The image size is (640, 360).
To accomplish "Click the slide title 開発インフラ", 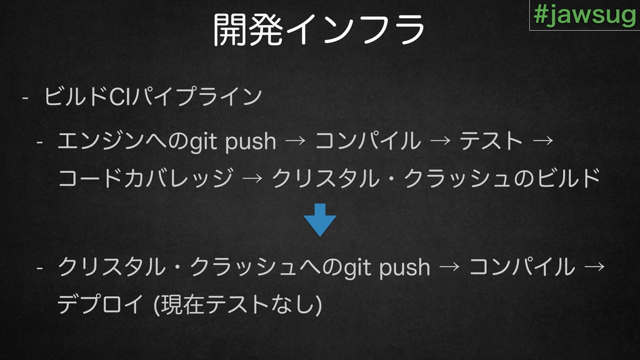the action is pyautogui.click(x=319, y=29).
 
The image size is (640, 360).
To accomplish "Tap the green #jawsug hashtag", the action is pyautogui.click(x=585, y=15).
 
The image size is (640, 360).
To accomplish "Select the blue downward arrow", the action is pyautogui.click(x=320, y=220).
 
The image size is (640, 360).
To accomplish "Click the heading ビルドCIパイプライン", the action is pyautogui.click(x=153, y=97).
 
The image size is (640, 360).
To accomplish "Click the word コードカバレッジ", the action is pyautogui.click(x=146, y=178).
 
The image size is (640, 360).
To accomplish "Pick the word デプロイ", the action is pyautogui.click(x=100, y=304).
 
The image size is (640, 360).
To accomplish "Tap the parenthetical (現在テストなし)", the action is pyautogui.click(x=237, y=304).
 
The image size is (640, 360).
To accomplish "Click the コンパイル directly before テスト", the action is pyautogui.click(x=367, y=141).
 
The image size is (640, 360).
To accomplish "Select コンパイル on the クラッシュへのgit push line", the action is pyautogui.click(x=522, y=267).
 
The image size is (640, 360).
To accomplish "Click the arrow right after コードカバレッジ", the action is pyautogui.click(x=252, y=178).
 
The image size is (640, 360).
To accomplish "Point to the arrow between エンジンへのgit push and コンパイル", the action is pyautogui.click(x=296, y=141).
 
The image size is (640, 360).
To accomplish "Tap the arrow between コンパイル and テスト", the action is pyautogui.click(x=441, y=141).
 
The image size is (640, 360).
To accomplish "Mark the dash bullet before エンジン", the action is pyautogui.click(x=39, y=142).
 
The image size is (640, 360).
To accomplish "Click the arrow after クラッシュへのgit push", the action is pyautogui.click(x=449, y=267).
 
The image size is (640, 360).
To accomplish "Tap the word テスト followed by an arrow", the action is pyautogui.click(x=491, y=141).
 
